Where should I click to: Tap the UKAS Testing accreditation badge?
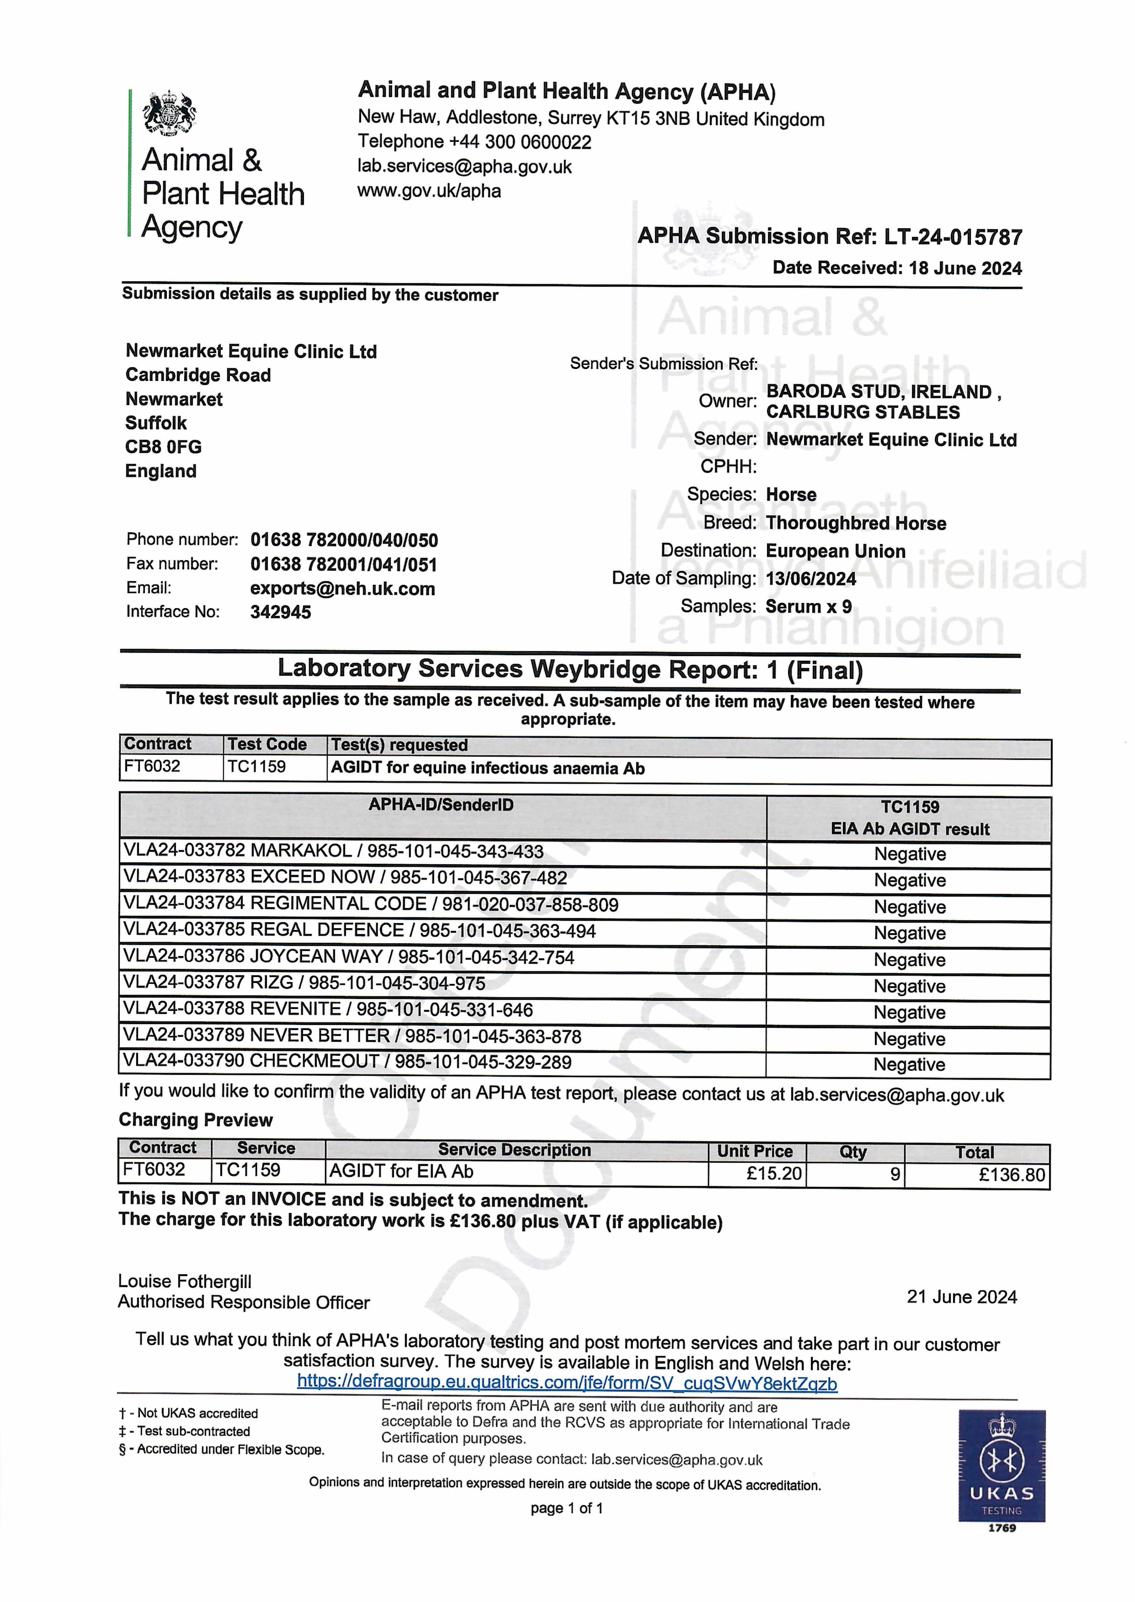[x=1001, y=1468]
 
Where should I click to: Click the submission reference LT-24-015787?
[x=953, y=237]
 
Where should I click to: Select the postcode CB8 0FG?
[x=164, y=447]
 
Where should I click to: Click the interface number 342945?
[x=280, y=612]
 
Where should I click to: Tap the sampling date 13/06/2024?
[x=811, y=579]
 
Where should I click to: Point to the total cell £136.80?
[x=1011, y=1174]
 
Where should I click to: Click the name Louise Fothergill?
[x=185, y=1281]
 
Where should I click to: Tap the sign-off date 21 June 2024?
[x=962, y=1297]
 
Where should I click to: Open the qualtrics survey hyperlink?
[x=567, y=1383]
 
